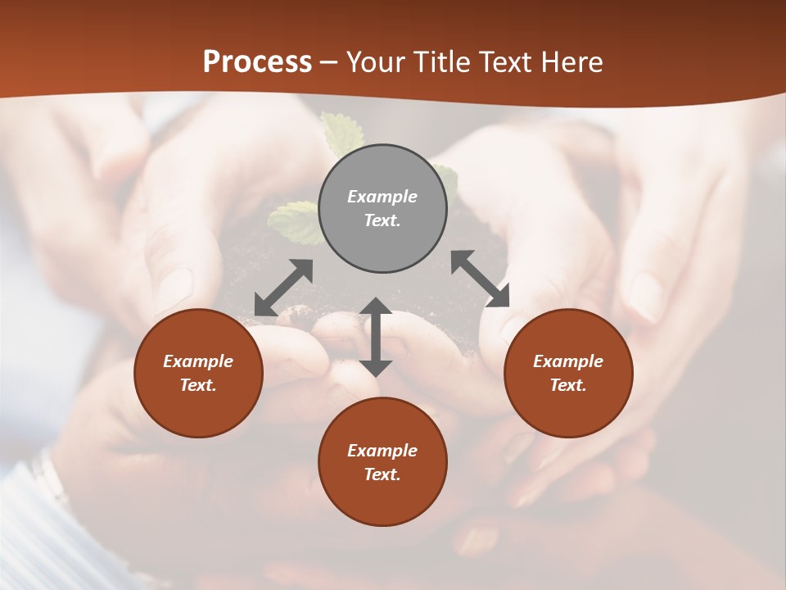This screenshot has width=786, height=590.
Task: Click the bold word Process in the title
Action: tap(257, 62)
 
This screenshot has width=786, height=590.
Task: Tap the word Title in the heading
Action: tap(445, 62)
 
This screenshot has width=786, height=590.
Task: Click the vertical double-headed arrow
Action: tap(376, 337)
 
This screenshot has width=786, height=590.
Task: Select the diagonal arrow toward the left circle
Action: tap(283, 288)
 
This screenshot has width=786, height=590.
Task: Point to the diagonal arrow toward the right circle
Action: tap(481, 279)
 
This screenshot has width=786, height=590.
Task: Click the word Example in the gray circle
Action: tap(382, 197)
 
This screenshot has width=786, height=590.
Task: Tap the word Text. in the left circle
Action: tap(198, 385)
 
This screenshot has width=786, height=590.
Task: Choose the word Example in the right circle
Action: tap(568, 361)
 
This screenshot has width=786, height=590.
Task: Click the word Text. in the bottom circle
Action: tap(382, 474)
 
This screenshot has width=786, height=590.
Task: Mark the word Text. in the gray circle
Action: tap(382, 220)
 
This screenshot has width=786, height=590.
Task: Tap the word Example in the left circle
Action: tap(198, 361)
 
